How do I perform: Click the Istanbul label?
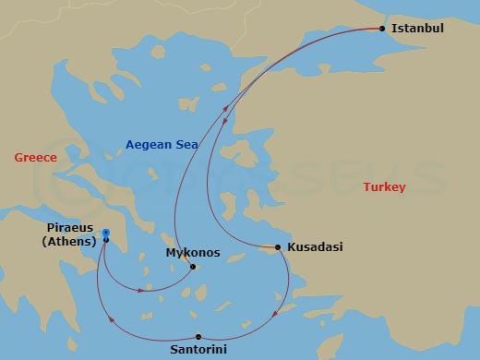[x=417, y=29]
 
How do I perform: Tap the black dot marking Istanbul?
[x=383, y=29]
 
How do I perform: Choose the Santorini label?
[x=198, y=350]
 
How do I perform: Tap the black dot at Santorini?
[x=198, y=336]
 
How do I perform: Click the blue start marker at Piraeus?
[x=106, y=233]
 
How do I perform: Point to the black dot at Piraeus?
[x=106, y=240]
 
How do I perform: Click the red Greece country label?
[x=35, y=158]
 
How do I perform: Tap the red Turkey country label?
[x=384, y=187]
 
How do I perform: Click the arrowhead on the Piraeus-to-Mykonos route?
[x=140, y=290]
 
